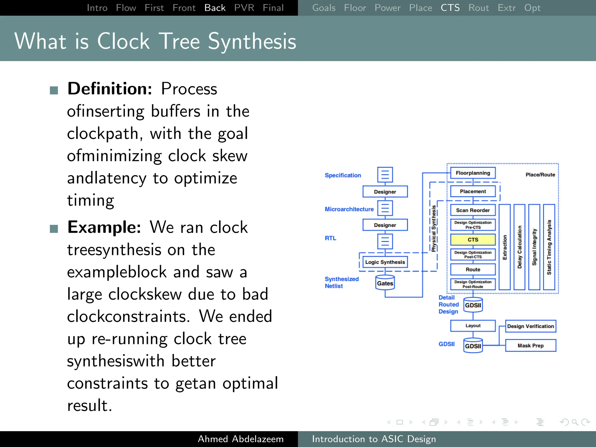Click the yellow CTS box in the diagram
point(473,240)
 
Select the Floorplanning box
point(473,173)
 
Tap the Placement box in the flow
point(473,191)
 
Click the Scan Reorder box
point(473,210)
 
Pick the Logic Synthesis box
point(385,262)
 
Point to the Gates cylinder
point(385,283)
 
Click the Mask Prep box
point(530,345)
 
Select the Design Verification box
point(530,326)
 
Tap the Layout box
point(473,326)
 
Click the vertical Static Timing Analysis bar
point(549,247)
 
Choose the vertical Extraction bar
point(505,247)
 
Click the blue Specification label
point(343,175)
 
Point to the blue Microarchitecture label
point(349,209)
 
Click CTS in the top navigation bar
point(450,8)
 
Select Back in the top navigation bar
point(215,8)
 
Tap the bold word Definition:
point(110,88)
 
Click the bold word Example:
point(104,227)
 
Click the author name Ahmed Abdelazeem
point(240,439)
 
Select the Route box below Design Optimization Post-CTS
point(473,269)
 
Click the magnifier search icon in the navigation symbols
point(575,422)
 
